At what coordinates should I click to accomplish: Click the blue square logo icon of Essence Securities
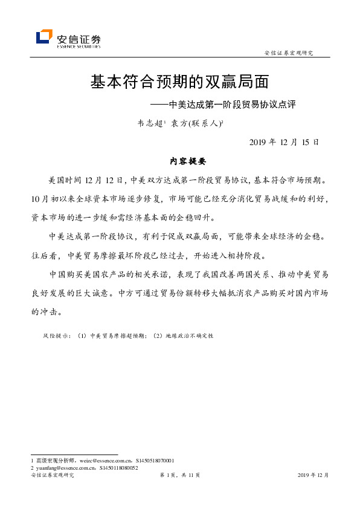point(44,37)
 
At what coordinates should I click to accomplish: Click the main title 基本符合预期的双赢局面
point(179,82)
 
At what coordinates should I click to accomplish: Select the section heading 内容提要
point(188,162)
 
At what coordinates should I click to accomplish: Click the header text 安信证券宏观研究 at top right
point(289,53)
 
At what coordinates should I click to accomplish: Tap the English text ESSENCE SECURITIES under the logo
point(78,45)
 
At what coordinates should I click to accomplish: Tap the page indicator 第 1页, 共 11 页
point(179,476)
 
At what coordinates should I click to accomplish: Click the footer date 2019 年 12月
point(313,476)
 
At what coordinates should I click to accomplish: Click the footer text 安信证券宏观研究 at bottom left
point(52,476)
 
